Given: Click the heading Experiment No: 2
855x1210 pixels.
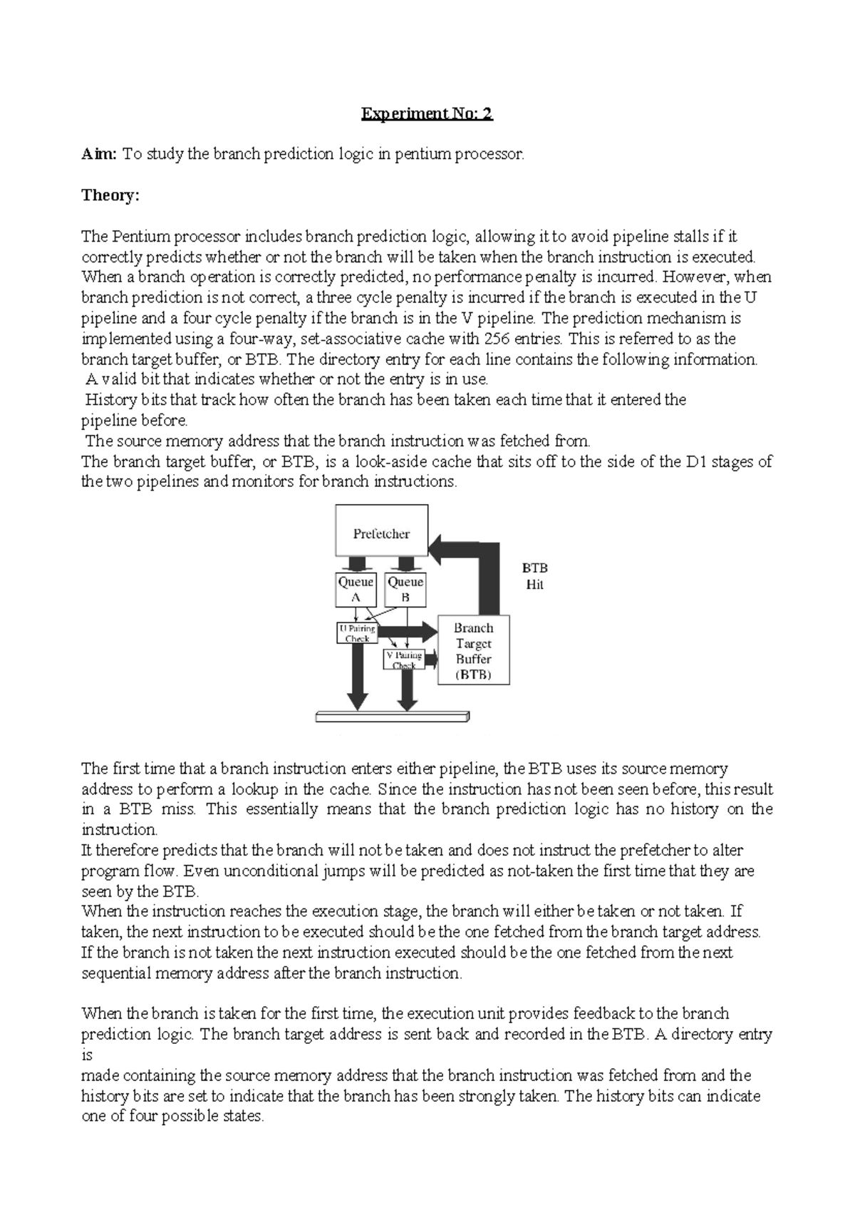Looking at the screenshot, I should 427,113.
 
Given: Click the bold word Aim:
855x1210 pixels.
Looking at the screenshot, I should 98,154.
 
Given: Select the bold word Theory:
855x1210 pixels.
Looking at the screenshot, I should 110,195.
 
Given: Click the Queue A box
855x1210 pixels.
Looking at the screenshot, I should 356,590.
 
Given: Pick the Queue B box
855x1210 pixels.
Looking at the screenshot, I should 405,590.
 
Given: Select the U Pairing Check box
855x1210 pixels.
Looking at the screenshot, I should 356,633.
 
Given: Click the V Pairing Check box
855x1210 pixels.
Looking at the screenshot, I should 404,660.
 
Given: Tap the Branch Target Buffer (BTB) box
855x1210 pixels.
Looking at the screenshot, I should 474,650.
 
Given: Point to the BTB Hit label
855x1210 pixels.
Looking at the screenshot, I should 534,576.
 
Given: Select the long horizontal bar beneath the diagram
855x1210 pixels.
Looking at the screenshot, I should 392,717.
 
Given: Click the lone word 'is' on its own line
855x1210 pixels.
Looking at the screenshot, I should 87,1055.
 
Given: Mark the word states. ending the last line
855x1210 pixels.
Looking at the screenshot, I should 244,1117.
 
